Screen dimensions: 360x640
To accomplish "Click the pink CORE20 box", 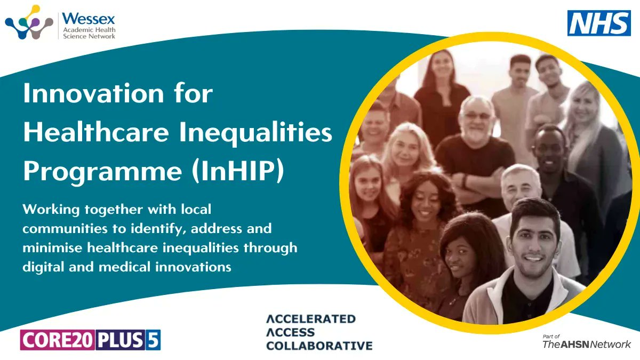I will coord(58,340).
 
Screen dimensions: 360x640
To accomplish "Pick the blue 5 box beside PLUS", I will coord(154,340).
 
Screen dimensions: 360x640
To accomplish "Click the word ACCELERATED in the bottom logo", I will coord(311,319).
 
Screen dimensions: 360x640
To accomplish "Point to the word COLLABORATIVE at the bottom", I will coord(319,346).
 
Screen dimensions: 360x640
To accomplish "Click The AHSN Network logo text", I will coord(586,344).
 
